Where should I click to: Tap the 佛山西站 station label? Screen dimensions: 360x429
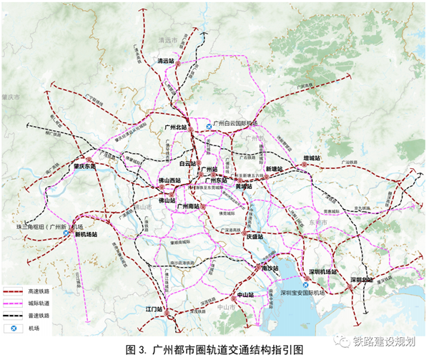click(169, 180)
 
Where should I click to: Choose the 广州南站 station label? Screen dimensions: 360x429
click(191, 206)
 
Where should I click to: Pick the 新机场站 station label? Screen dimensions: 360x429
click(84, 234)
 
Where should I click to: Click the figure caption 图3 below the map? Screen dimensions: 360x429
click(214, 350)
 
